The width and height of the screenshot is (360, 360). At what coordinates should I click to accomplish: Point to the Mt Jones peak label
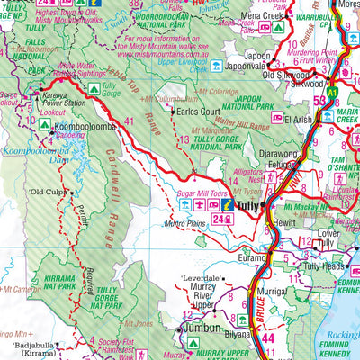141,321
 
